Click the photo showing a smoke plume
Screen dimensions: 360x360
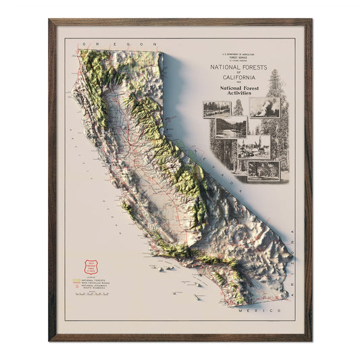[263, 107]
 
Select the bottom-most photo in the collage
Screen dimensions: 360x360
[263, 170]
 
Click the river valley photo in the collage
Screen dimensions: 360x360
[230, 128]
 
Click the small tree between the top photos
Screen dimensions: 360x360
[238, 107]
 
